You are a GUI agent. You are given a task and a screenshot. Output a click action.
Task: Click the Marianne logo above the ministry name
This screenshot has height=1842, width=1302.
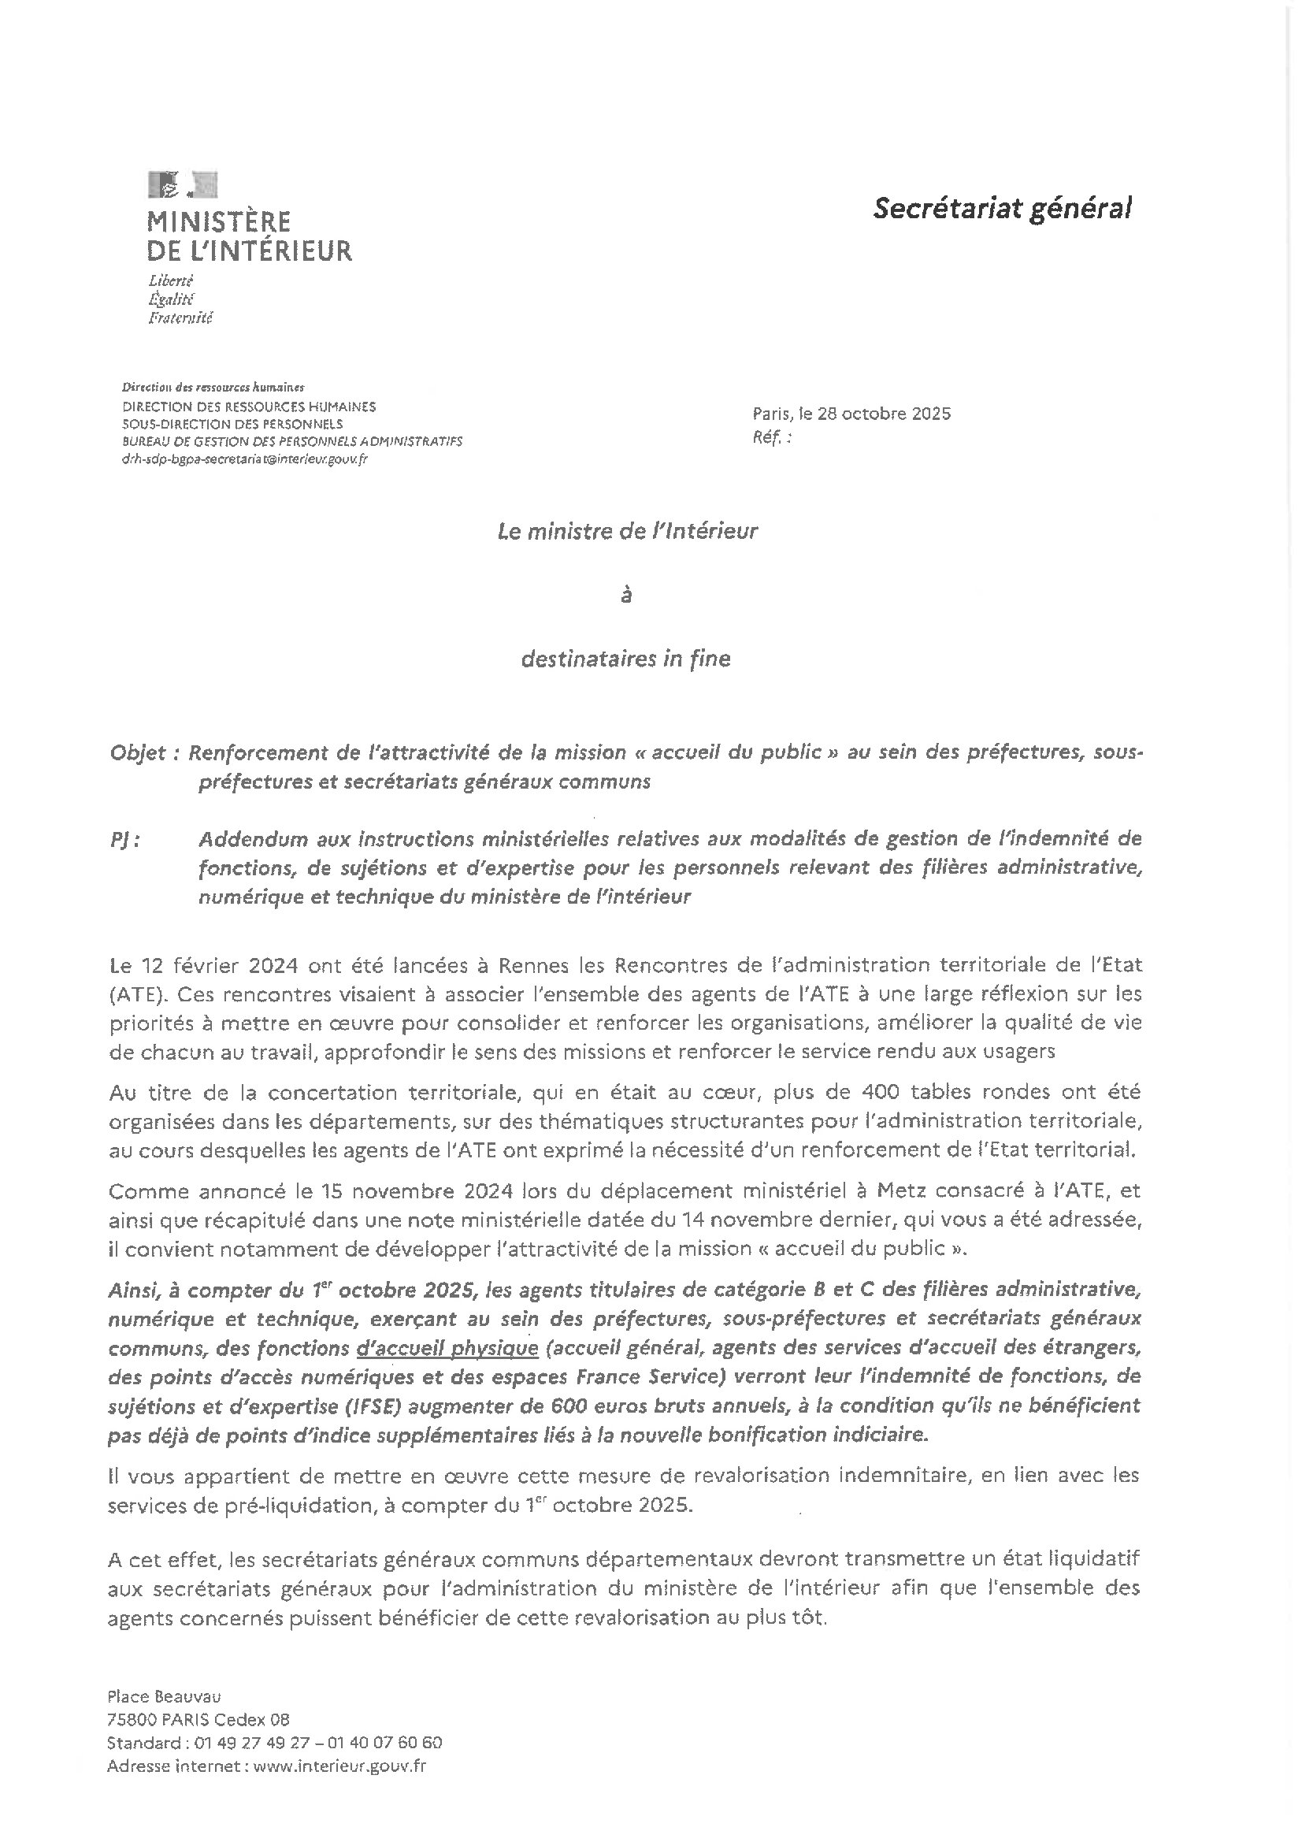182,184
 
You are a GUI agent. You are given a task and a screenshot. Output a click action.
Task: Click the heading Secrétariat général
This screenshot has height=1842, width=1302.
1002,209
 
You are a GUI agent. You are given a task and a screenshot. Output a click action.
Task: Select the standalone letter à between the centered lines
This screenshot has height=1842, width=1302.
626,596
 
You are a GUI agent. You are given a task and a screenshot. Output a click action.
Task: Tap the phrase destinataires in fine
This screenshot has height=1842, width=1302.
625,659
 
